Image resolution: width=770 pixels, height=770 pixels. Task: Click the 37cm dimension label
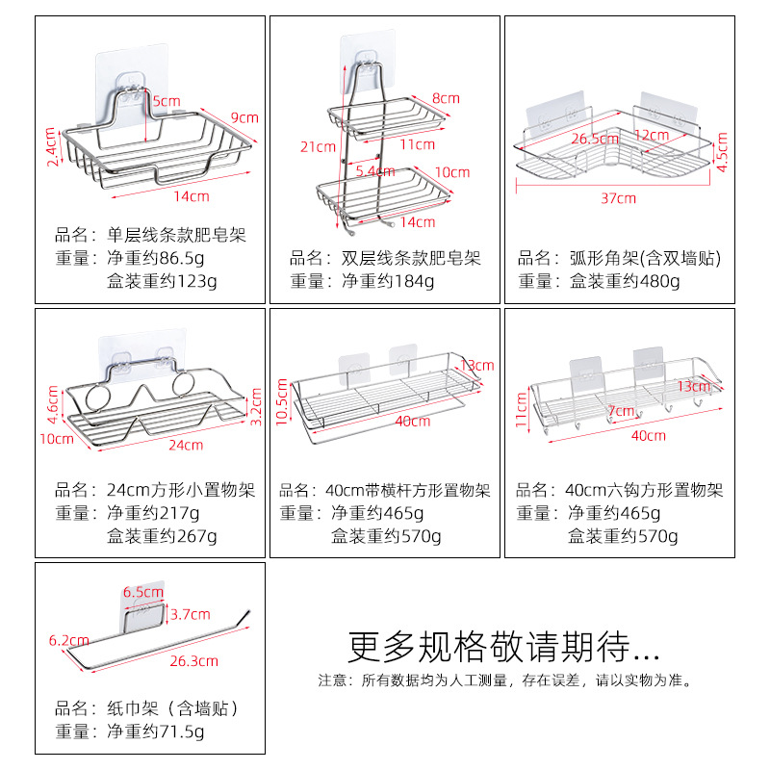pos(619,199)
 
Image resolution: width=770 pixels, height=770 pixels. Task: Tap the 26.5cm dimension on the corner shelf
pos(595,139)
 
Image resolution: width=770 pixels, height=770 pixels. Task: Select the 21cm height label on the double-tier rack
pos(317,146)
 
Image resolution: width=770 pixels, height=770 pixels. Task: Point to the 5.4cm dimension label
pos(374,171)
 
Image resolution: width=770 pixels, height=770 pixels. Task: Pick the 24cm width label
pos(186,445)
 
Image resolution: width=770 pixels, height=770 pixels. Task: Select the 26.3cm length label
pos(193,661)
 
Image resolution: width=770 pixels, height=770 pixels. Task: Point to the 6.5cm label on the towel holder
pos(142,592)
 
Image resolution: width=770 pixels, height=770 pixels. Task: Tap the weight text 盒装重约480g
pos(625,281)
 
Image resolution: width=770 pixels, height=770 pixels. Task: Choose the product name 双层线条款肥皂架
pos(385,258)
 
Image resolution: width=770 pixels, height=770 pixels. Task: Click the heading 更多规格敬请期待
pos(503,642)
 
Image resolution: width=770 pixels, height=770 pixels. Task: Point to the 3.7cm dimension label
pos(190,614)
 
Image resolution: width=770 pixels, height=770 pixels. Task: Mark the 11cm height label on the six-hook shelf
pos(522,408)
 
